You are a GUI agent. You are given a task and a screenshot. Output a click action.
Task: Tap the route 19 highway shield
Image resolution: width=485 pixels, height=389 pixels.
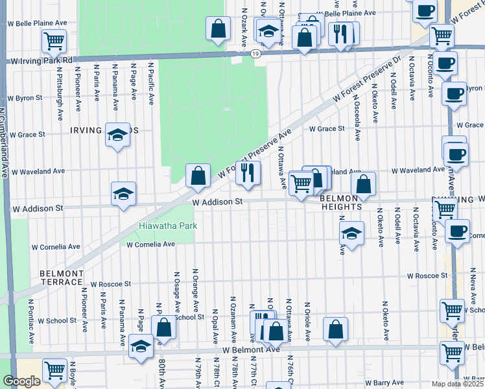tap(257, 54)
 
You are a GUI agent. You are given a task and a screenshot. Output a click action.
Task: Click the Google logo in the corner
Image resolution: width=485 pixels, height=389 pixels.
tap(21, 381)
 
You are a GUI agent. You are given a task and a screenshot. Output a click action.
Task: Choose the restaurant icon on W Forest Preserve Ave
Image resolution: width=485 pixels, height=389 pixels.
tap(248, 172)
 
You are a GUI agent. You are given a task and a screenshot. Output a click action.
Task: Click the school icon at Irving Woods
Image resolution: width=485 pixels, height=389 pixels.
tap(117, 135)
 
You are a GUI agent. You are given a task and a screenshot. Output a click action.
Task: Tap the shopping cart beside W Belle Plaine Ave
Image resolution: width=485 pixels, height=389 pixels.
tap(54, 40)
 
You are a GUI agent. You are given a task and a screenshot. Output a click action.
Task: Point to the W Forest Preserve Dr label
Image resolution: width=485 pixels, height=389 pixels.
tap(367, 78)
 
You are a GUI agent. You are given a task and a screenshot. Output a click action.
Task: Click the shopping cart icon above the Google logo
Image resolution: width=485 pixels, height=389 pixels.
tap(54, 371)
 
